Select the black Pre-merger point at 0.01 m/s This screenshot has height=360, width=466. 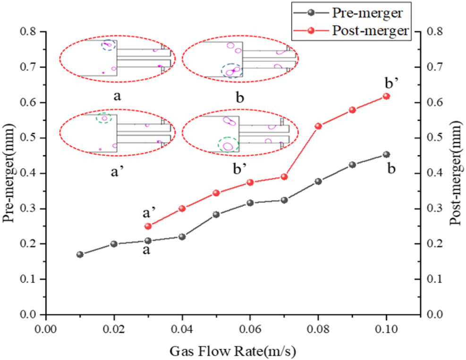tap(80, 255)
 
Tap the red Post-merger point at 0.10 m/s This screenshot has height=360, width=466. tap(386, 96)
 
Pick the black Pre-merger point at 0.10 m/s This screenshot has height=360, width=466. tap(386, 154)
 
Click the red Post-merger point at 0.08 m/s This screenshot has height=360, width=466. tap(318, 126)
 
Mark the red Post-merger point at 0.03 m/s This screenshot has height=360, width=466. tap(148, 226)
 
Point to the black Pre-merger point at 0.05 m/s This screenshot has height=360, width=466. tap(216, 214)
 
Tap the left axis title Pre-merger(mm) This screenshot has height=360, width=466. tap(9, 173)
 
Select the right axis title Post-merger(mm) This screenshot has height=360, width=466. tap(456, 173)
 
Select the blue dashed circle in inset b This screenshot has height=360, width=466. tap(231, 71)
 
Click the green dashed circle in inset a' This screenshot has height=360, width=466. tap(104, 118)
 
